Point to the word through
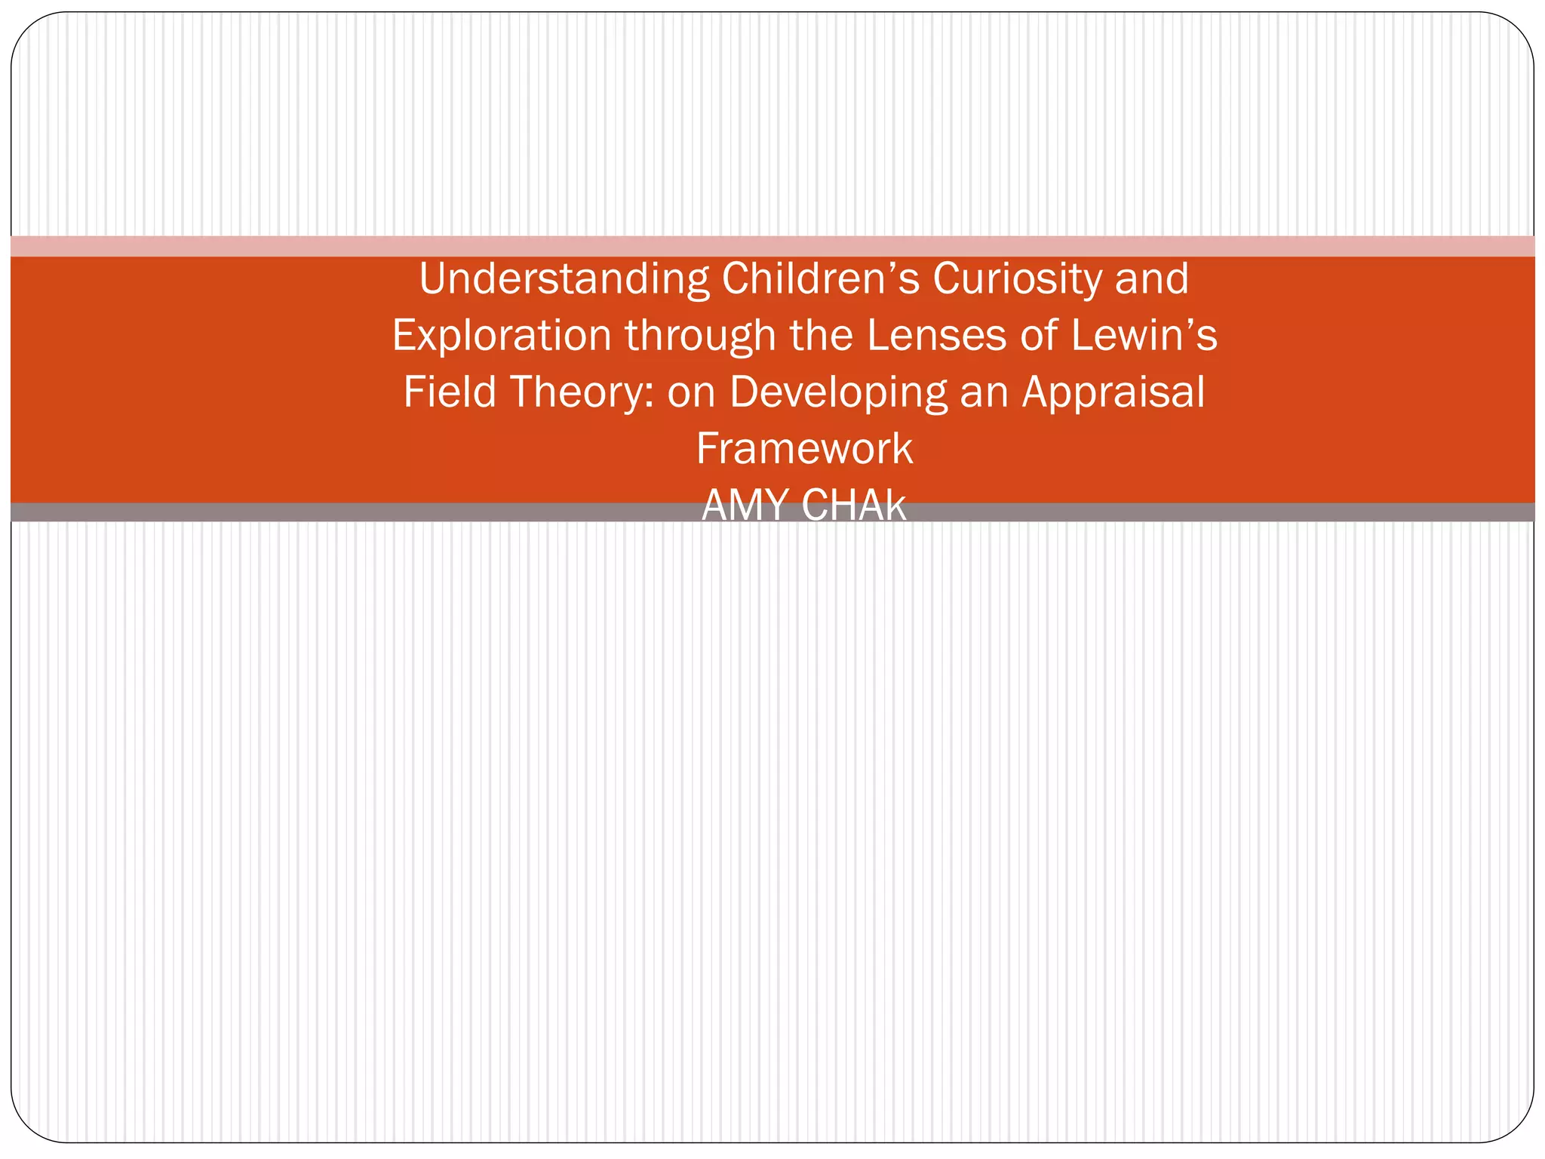[x=701, y=336]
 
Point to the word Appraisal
[x=1113, y=392]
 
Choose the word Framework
[x=804, y=449]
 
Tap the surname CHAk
[x=854, y=506]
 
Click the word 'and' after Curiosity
[x=1152, y=278]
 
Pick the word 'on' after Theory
[x=691, y=392]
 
